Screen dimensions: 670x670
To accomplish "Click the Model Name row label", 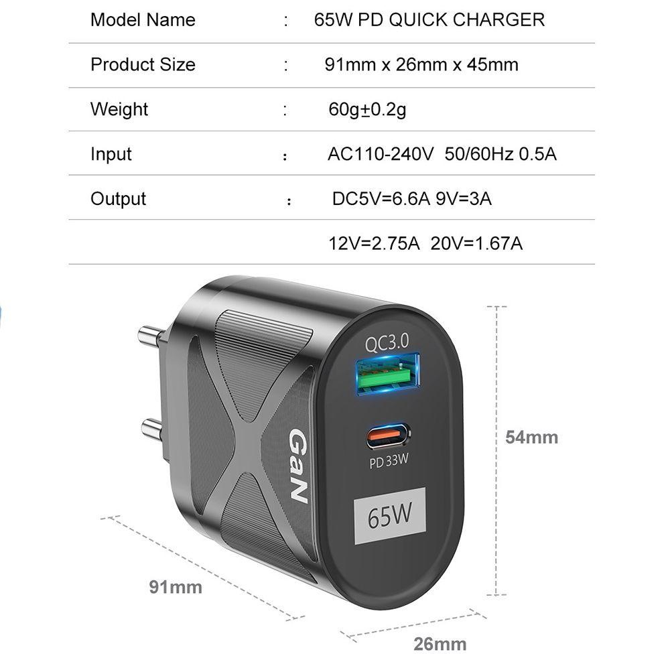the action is pyautogui.click(x=143, y=19).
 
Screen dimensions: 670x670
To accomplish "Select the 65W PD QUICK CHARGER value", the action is pyautogui.click(x=429, y=19).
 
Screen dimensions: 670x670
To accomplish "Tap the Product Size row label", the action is pyautogui.click(x=143, y=64).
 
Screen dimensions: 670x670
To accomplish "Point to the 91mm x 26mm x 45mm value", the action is pyautogui.click(x=421, y=64).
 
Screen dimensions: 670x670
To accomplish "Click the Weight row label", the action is pyautogui.click(x=119, y=109).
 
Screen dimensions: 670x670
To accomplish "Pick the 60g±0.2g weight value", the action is pyautogui.click(x=367, y=109).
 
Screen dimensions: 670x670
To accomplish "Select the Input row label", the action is pyautogui.click(x=111, y=153).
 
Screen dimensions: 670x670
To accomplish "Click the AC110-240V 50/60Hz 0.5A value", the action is pyautogui.click(x=442, y=153).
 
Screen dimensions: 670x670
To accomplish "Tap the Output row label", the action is pyautogui.click(x=118, y=198).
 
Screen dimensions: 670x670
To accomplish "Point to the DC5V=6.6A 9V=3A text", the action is pyautogui.click(x=412, y=198).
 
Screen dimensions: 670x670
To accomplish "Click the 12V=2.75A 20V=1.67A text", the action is pyautogui.click(x=425, y=243).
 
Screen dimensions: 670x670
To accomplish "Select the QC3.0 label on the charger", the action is pyautogui.click(x=387, y=344).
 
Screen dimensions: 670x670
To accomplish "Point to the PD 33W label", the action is pyautogui.click(x=389, y=462).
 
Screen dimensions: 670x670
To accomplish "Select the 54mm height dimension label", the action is pyautogui.click(x=531, y=438).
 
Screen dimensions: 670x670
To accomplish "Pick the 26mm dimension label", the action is pyautogui.click(x=440, y=645).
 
